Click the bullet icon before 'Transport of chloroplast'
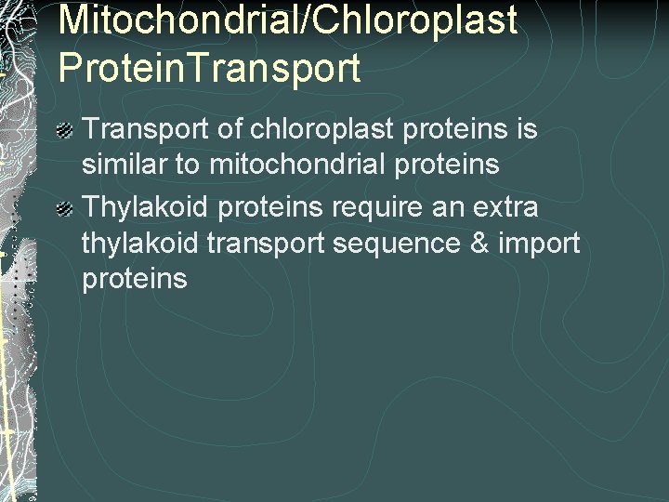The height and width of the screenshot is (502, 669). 65,130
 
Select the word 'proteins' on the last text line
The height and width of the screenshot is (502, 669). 135,279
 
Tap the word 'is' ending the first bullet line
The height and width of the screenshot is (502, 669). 528,128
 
